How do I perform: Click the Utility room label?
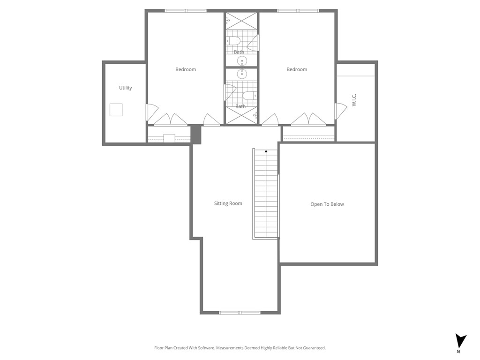point(125,88)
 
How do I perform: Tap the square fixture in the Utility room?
point(116,110)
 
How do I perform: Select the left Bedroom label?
point(186,69)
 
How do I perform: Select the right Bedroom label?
point(297,69)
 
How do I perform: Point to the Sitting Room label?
point(228,203)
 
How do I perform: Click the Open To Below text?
point(327,204)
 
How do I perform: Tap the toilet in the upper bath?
point(235,41)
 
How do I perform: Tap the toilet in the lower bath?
point(249,96)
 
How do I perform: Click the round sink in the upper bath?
point(242,61)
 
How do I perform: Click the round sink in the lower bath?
point(242,74)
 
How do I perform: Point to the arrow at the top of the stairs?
point(266,151)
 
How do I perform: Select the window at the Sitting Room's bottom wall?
point(240,313)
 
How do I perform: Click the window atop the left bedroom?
point(186,10)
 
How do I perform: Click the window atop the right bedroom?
point(298,10)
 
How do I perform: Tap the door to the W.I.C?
point(339,111)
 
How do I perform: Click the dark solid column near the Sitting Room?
point(196,135)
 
